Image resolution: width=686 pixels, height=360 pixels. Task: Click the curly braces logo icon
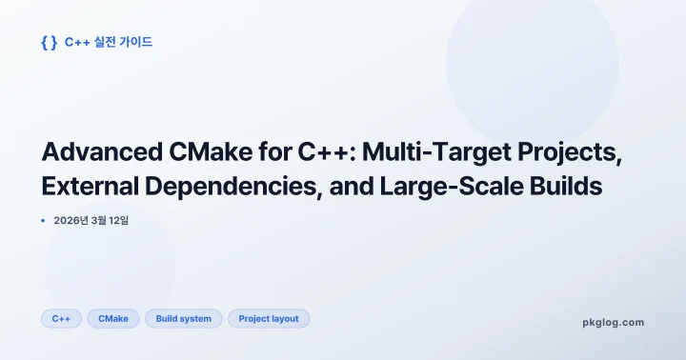[x=50, y=42]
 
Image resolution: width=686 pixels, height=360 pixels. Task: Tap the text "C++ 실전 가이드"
[x=109, y=42]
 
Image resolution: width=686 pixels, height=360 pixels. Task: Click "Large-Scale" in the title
[x=443, y=187]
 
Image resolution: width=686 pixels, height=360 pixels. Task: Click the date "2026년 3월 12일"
[x=91, y=220]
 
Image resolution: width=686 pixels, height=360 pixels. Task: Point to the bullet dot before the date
[x=43, y=220]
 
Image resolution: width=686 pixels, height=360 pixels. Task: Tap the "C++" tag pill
[x=61, y=318]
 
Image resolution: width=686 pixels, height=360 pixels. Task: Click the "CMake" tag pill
[x=113, y=318]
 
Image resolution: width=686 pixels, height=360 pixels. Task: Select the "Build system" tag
[x=184, y=318]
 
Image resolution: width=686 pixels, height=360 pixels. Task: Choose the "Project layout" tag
[x=269, y=318]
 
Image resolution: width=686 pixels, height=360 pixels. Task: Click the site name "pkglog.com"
[x=613, y=322]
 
